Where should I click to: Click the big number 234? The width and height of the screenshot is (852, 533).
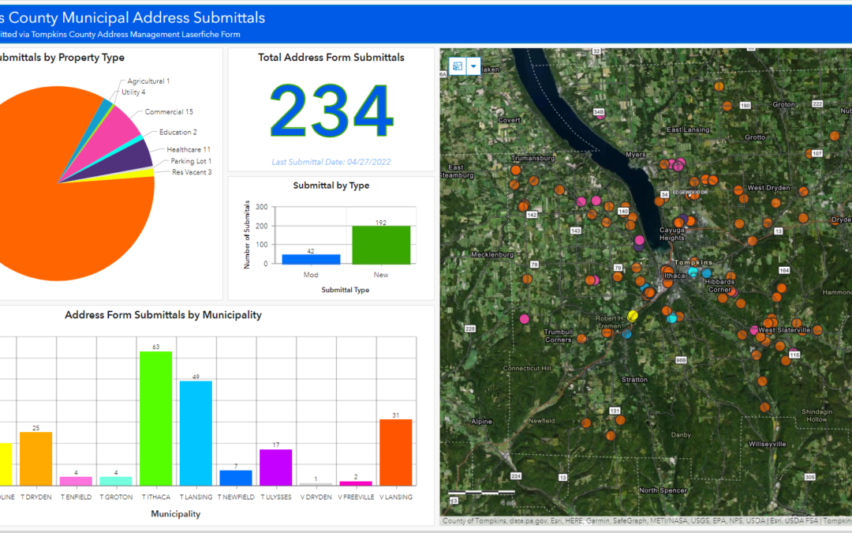pos(331,111)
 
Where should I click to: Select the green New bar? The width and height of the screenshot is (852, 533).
pos(381,246)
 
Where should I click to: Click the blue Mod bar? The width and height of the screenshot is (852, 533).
pos(311,259)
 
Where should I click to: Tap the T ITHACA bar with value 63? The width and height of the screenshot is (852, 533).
pos(155,419)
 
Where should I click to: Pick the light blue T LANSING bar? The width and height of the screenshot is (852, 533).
pos(196,433)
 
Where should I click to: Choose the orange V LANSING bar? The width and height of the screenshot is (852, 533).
pos(395,452)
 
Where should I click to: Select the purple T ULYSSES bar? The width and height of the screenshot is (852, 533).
pos(275,467)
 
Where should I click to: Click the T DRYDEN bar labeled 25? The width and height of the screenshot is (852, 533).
pos(35,458)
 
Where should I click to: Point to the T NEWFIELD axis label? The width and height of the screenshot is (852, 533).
pos(235,497)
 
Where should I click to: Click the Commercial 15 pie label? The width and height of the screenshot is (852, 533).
pos(169,112)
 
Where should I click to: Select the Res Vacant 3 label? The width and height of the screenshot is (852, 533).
pos(192,172)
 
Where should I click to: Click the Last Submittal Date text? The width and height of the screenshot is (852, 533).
pos(331,162)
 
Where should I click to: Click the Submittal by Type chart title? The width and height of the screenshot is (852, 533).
pos(331,186)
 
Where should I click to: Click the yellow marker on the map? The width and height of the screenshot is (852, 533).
pos(633,316)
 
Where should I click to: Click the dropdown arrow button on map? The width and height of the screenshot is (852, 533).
pos(473,67)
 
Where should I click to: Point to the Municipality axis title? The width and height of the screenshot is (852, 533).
pos(175,514)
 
